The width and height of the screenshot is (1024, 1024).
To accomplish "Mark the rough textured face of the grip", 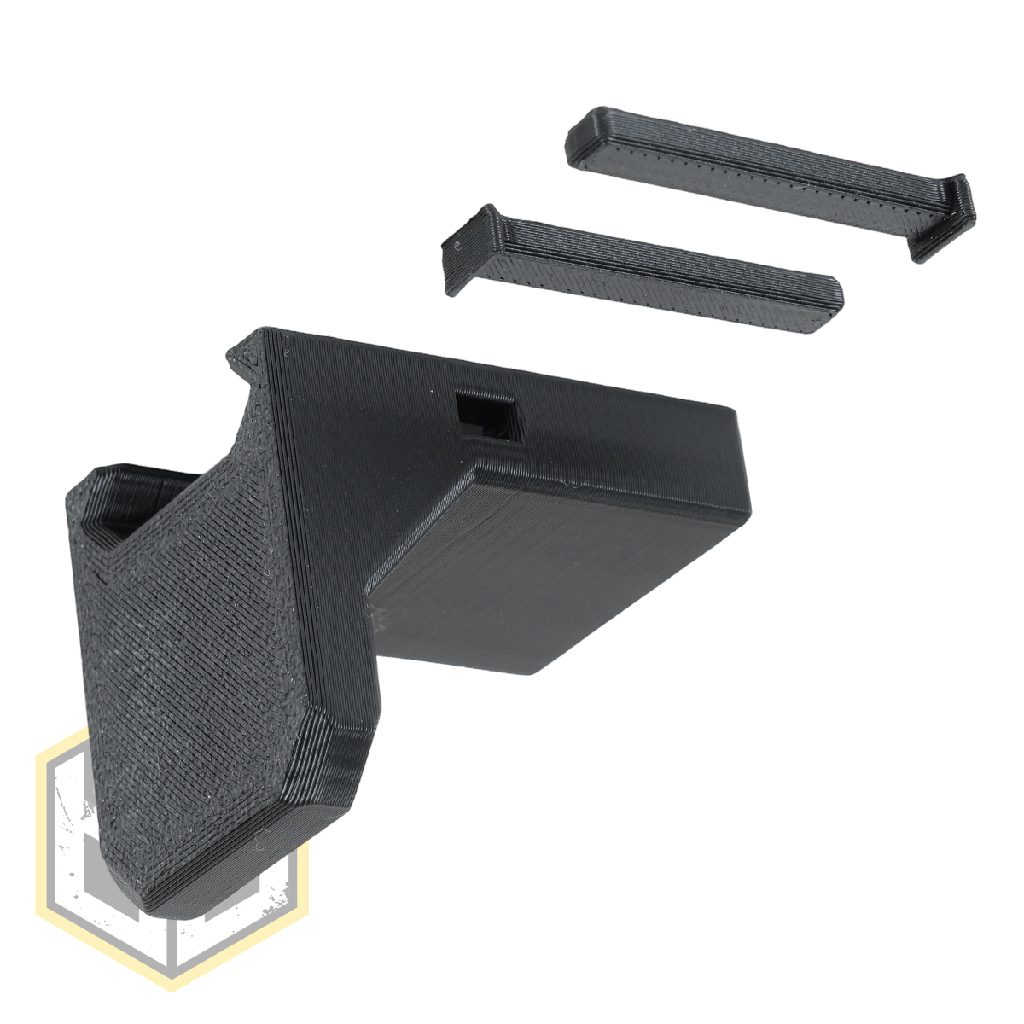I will pyautogui.click(x=188, y=666).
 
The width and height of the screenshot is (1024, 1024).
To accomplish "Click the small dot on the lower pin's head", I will pyautogui.click(x=459, y=247).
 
